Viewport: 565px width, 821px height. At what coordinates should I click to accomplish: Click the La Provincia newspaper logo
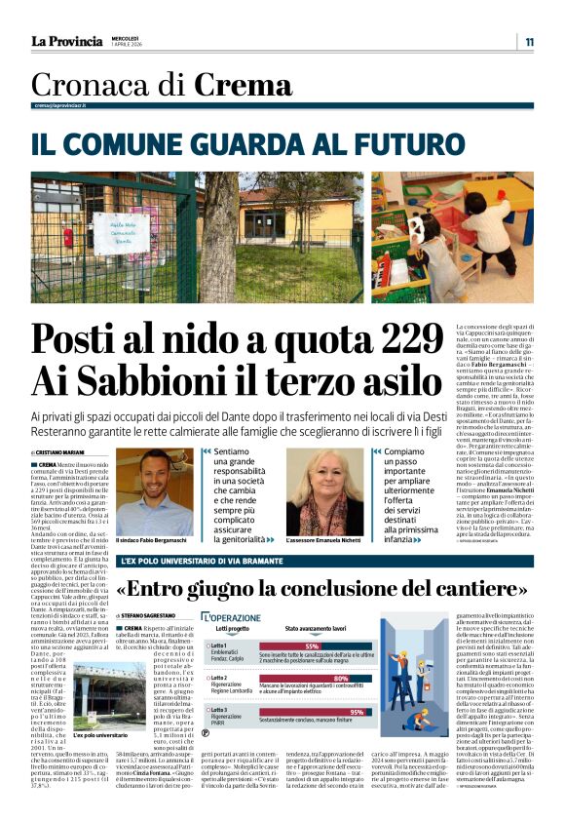coord(66,41)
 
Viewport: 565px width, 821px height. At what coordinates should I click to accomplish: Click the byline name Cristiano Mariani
coord(63,452)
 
